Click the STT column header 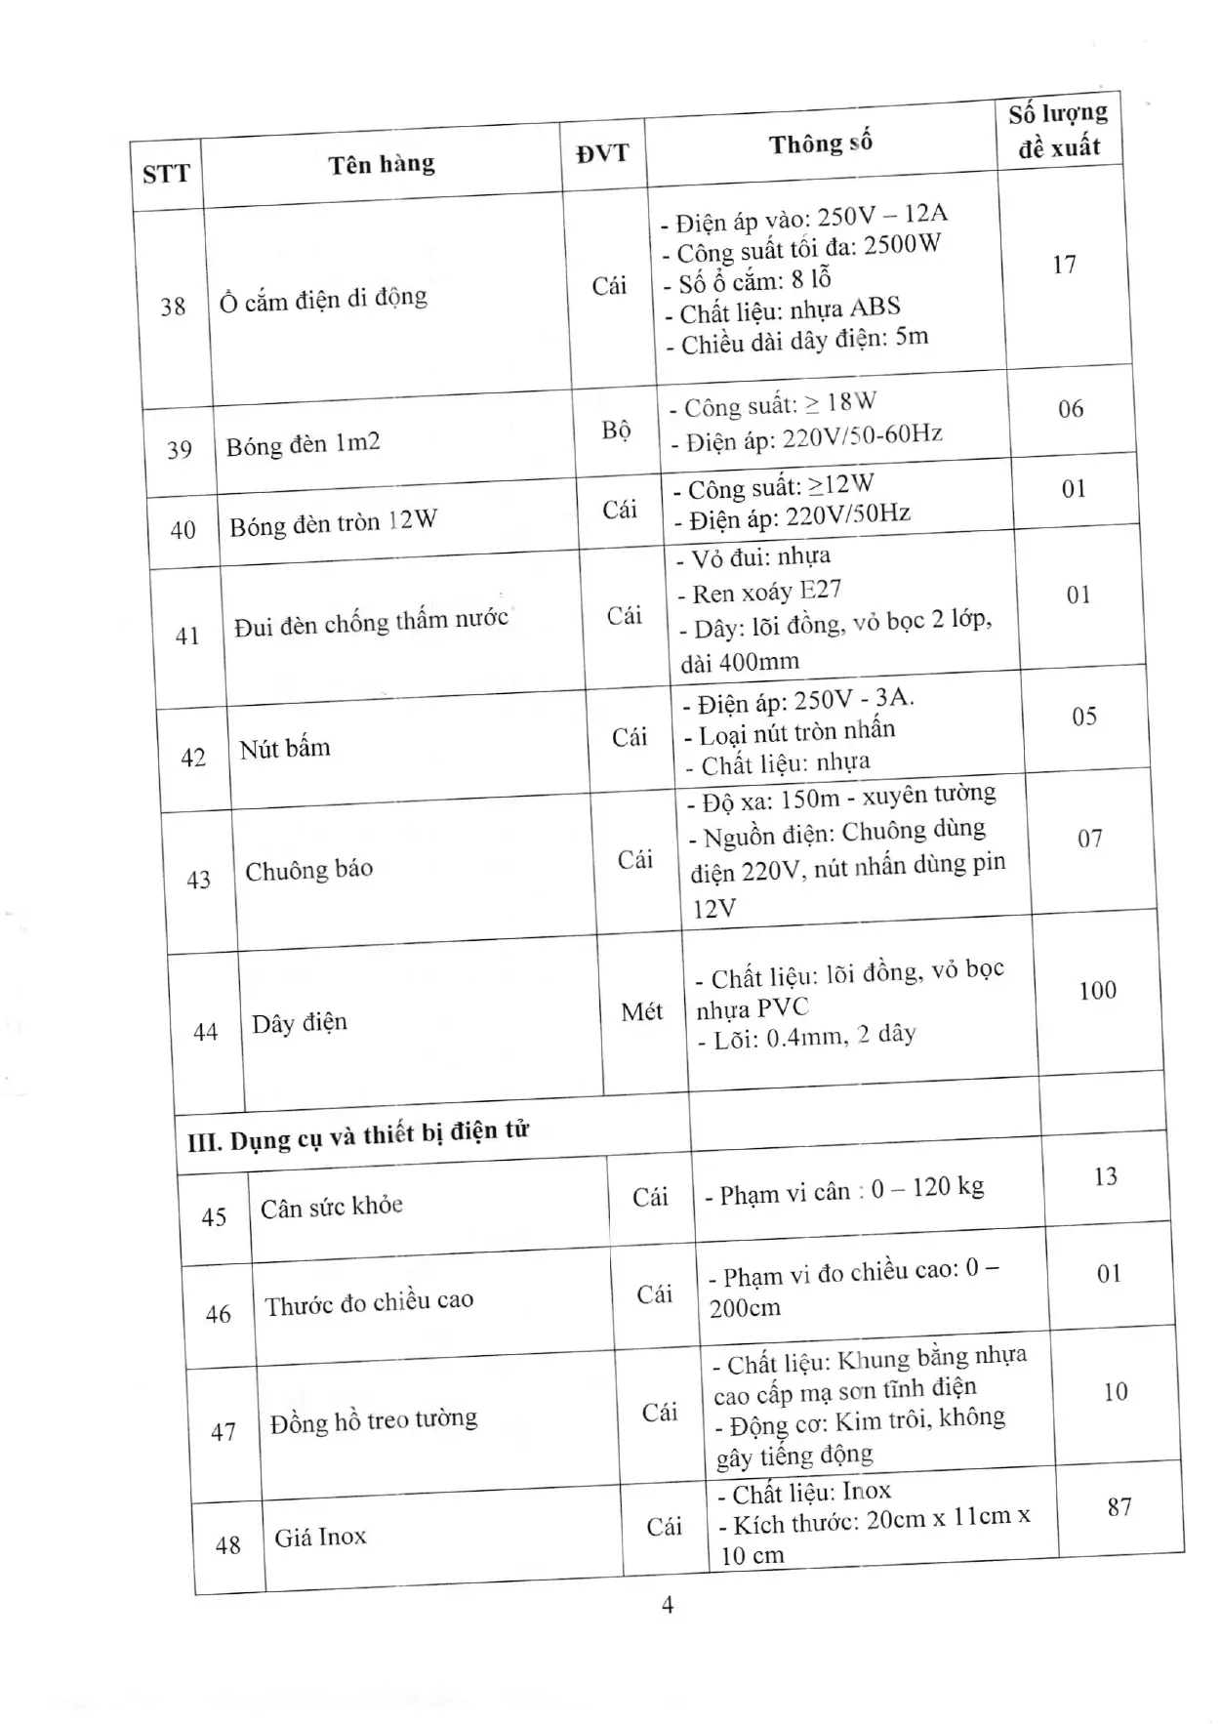click(165, 175)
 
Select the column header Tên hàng click(381, 164)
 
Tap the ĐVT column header click(601, 153)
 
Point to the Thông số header click(820, 144)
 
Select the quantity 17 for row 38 click(1064, 265)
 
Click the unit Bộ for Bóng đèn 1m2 click(616, 431)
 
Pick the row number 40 click(183, 530)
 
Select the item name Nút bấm click(285, 749)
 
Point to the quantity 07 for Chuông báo click(1089, 839)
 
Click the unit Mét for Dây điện click(641, 1012)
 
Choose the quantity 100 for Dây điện click(1097, 991)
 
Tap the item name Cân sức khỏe click(331, 1207)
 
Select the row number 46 click(218, 1315)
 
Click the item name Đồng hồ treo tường click(374, 1420)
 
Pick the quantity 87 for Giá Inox click(1119, 1507)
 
